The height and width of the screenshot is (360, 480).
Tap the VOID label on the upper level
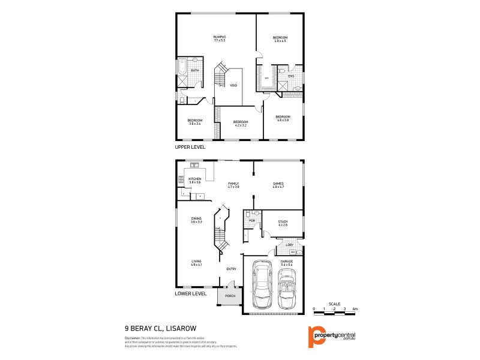click(x=233, y=85)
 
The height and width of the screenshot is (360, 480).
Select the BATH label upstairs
click(x=194, y=71)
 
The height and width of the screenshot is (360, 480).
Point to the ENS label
click(x=291, y=76)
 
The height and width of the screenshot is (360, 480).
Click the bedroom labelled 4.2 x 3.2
click(x=241, y=124)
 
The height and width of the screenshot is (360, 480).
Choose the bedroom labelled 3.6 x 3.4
click(x=195, y=122)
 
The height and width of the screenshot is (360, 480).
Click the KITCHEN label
click(x=195, y=181)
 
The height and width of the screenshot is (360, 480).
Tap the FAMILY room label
click(x=233, y=185)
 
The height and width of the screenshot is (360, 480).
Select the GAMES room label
click(x=278, y=185)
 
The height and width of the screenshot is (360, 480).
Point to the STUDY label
click(x=283, y=223)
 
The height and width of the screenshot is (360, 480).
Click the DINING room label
click(x=196, y=220)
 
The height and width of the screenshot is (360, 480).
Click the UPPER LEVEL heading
click(x=190, y=147)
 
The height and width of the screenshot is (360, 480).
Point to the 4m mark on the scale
click(x=355, y=308)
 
